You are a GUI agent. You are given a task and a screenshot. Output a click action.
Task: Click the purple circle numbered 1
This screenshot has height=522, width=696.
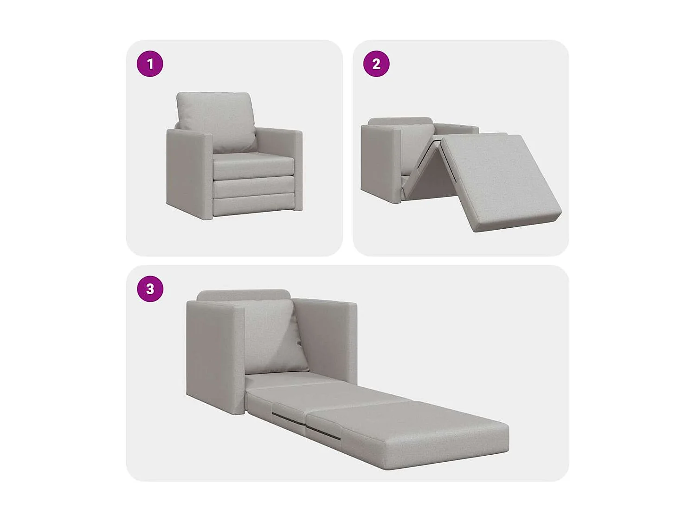150,64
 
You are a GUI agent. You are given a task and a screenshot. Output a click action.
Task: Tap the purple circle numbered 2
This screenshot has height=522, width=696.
376,64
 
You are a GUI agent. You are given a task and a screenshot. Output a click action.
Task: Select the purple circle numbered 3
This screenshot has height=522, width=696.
150,289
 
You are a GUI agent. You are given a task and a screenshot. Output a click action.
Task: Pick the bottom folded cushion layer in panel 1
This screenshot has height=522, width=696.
254,205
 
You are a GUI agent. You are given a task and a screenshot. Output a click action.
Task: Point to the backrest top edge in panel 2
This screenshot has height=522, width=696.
400,121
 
